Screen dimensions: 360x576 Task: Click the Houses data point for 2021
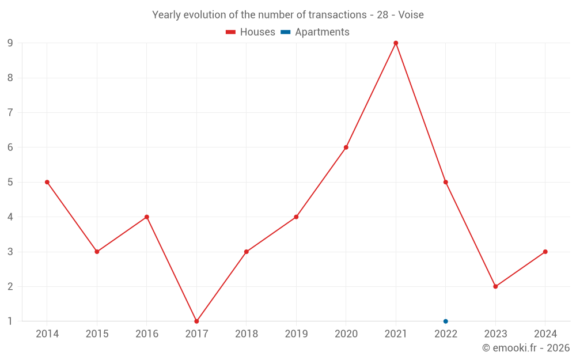tap(396, 43)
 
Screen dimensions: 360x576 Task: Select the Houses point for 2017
tap(196, 321)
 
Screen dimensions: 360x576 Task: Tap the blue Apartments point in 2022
tap(446, 321)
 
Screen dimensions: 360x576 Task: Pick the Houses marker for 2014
tap(47, 182)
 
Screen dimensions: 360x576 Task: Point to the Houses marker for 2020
tap(346, 147)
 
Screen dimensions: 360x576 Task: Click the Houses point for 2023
tap(495, 286)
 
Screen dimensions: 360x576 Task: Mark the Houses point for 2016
tap(147, 217)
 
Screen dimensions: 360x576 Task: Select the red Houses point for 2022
tap(446, 182)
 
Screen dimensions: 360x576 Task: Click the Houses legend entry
tap(251, 32)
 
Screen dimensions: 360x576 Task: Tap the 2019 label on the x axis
tap(296, 334)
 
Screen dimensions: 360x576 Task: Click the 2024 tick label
tap(545, 334)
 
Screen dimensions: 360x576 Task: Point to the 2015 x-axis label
tap(97, 334)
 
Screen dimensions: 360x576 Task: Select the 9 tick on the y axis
tap(10, 43)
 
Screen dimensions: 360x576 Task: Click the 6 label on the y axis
tap(10, 147)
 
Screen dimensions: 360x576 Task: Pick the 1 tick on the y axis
tap(10, 321)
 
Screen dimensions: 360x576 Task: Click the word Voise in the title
tap(411, 15)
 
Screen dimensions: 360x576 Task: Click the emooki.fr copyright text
tap(526, 348)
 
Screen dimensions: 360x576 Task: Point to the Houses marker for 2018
tap(247, 252)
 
